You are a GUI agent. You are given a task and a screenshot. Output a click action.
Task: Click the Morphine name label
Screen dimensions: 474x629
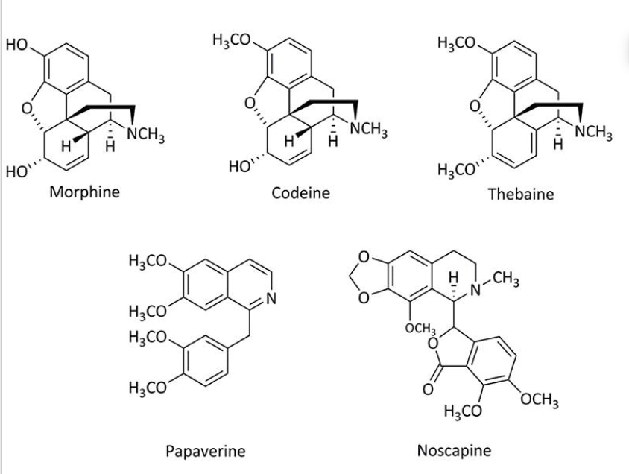coord(84,193)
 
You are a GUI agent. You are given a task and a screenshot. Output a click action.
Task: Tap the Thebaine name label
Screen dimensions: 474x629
coord(520,195)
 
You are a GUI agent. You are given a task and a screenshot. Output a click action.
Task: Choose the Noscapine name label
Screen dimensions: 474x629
coord(455,450)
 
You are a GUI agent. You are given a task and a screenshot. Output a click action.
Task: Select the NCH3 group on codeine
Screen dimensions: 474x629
coord(367,128)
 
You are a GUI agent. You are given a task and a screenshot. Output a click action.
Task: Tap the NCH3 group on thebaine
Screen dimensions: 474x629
coord(593,135)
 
